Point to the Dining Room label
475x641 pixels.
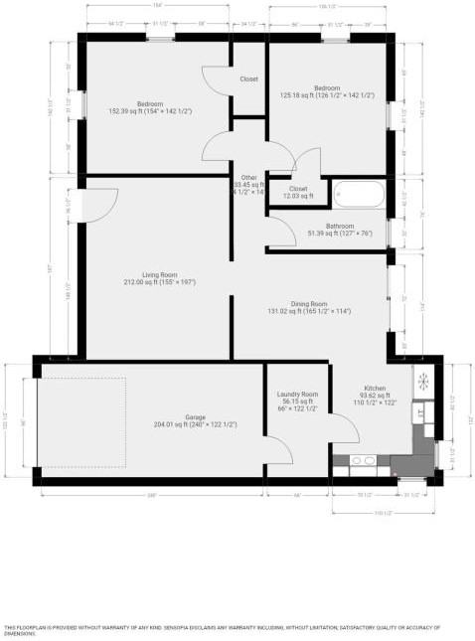coord(308,304)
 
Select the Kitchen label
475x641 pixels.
coord(374,389)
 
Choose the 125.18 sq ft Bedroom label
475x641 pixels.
coord(328,88)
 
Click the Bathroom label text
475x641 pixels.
coord(324,227)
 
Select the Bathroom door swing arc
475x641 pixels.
coord(282,233)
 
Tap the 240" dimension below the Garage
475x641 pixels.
coord(151,494)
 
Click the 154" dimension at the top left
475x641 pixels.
coord(157,6)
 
